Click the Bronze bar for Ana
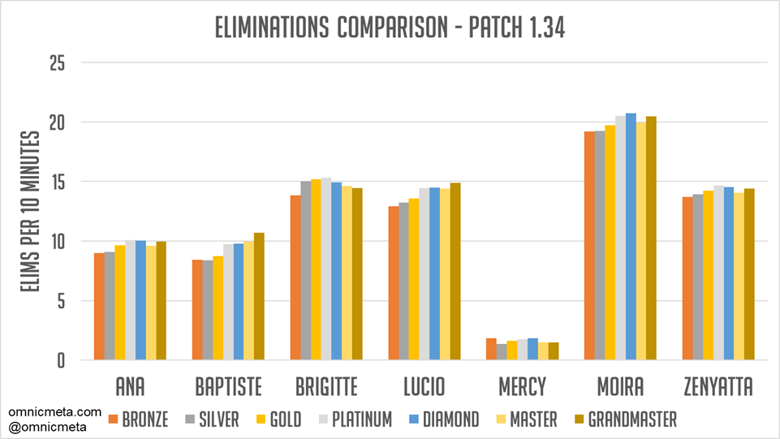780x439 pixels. [99, 307]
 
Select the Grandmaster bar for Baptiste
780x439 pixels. [259, 297]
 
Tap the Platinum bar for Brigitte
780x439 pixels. [325, 269]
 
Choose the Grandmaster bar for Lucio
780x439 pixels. [455, 272]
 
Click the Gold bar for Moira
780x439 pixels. [610, 243]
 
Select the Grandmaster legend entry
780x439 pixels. [624, 420]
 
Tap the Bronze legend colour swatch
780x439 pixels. [114, 420]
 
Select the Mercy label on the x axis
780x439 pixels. [522, 386]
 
